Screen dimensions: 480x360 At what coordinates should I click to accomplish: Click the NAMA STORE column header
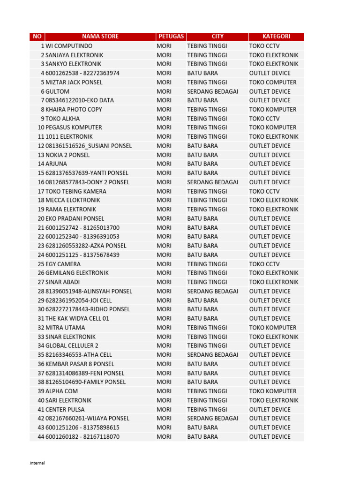(x=100, y=37)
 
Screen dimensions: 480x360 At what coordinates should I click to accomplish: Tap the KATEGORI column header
(x=276, y=37)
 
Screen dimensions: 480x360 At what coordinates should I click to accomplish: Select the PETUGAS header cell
(x=171, y=37)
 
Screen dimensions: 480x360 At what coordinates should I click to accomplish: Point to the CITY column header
(x=217, y=37)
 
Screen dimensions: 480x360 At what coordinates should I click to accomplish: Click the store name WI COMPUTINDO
(x=69, y=46)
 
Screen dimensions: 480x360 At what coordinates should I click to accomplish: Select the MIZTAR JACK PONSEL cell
(x=74, y=82)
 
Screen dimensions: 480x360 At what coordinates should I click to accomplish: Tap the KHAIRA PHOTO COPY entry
(x=74, y=109)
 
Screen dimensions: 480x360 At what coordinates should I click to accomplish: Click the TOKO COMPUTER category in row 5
(x=272, y=82)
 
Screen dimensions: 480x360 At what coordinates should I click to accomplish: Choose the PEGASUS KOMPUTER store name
(x=74, y=127)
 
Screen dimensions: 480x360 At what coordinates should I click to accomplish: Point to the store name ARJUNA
(x=56, y=164)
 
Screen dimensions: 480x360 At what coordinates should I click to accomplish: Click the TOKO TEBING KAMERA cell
(x=76, y=191)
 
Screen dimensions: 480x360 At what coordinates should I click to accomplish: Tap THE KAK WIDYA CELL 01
(x=77, y=318)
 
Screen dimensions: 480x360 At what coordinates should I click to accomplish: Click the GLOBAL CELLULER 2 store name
(x=72, y=345)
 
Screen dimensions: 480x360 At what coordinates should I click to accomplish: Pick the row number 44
(x=41, y=436)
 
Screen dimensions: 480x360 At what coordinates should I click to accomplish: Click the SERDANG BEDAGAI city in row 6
(x=212, y=91)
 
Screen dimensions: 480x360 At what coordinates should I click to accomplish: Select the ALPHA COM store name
(x=61, y=391)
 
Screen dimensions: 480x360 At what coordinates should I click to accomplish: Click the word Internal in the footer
(x=37, y=463)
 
